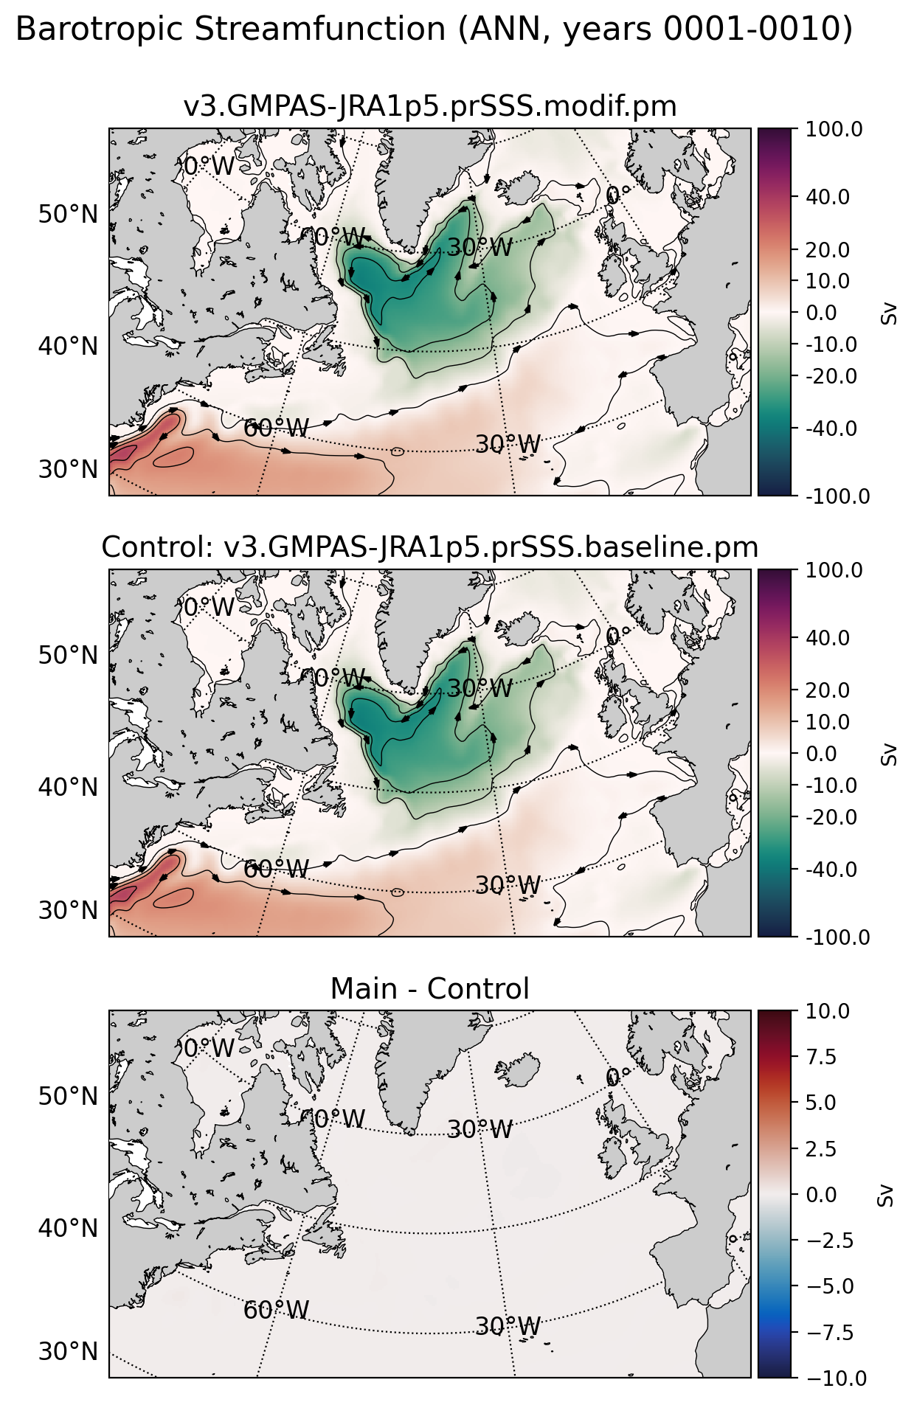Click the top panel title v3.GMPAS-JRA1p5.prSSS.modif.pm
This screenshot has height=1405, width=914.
tap(430, 107)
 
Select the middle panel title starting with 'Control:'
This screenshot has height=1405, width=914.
tap(430, 547)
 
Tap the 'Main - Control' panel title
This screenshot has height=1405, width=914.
tap(430, 988)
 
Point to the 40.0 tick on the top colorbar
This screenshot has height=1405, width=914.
tap(827, 197)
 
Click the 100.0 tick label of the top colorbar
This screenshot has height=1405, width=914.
tap(834, 130)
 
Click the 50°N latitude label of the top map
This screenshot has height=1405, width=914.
tap(68, 215)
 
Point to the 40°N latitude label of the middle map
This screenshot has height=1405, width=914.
tap(68, 787)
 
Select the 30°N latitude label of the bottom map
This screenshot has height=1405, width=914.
tap(68, 1351)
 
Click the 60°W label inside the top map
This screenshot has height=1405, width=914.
tap(276, 428)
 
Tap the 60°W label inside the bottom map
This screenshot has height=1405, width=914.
tap(276, 1311)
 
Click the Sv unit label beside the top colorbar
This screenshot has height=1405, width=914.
tap(889, 313)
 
